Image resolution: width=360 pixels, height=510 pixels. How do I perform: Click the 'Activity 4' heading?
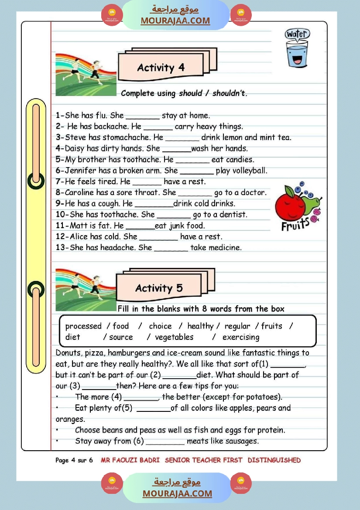pyautogui.click(x=161, y=68)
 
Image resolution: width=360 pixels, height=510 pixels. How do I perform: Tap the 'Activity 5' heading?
pyautogui.click(x=159, y=288)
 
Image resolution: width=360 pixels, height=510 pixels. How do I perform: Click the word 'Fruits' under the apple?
pyautogui.click(x=295, y=225)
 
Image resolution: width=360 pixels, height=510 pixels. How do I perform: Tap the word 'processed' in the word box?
pyautogui.click(x=83, y=326)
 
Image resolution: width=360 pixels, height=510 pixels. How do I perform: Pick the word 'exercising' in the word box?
pyautogui.click(x=240, y=337)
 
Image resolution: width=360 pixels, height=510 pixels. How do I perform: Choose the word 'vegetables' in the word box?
pyautogui.click(x=174, y=337)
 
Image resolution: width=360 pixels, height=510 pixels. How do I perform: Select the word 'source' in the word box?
pyautogui.click(x=121, y=337)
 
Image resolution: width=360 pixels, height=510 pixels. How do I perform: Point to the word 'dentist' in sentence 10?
pyautogui.click(x=233, y=215)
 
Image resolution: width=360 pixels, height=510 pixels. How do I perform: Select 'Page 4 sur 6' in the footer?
pyautogui.click(x=74, y=460)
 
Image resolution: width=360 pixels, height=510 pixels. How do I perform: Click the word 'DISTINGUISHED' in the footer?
pyautogui.click(x=274, y=460)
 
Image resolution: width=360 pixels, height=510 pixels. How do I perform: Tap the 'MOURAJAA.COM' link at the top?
pyautogui.click(x=175, y=21)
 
